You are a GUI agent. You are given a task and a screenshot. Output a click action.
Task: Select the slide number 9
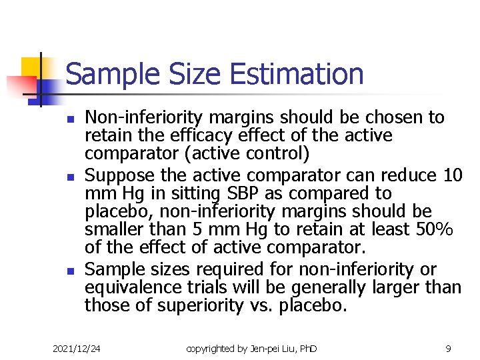click(448, 348)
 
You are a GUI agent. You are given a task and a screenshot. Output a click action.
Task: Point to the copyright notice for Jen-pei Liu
click(251, 348)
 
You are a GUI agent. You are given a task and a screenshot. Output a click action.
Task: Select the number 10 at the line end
click(452, 175)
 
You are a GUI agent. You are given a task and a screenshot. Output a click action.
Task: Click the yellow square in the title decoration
click(31, 67)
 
